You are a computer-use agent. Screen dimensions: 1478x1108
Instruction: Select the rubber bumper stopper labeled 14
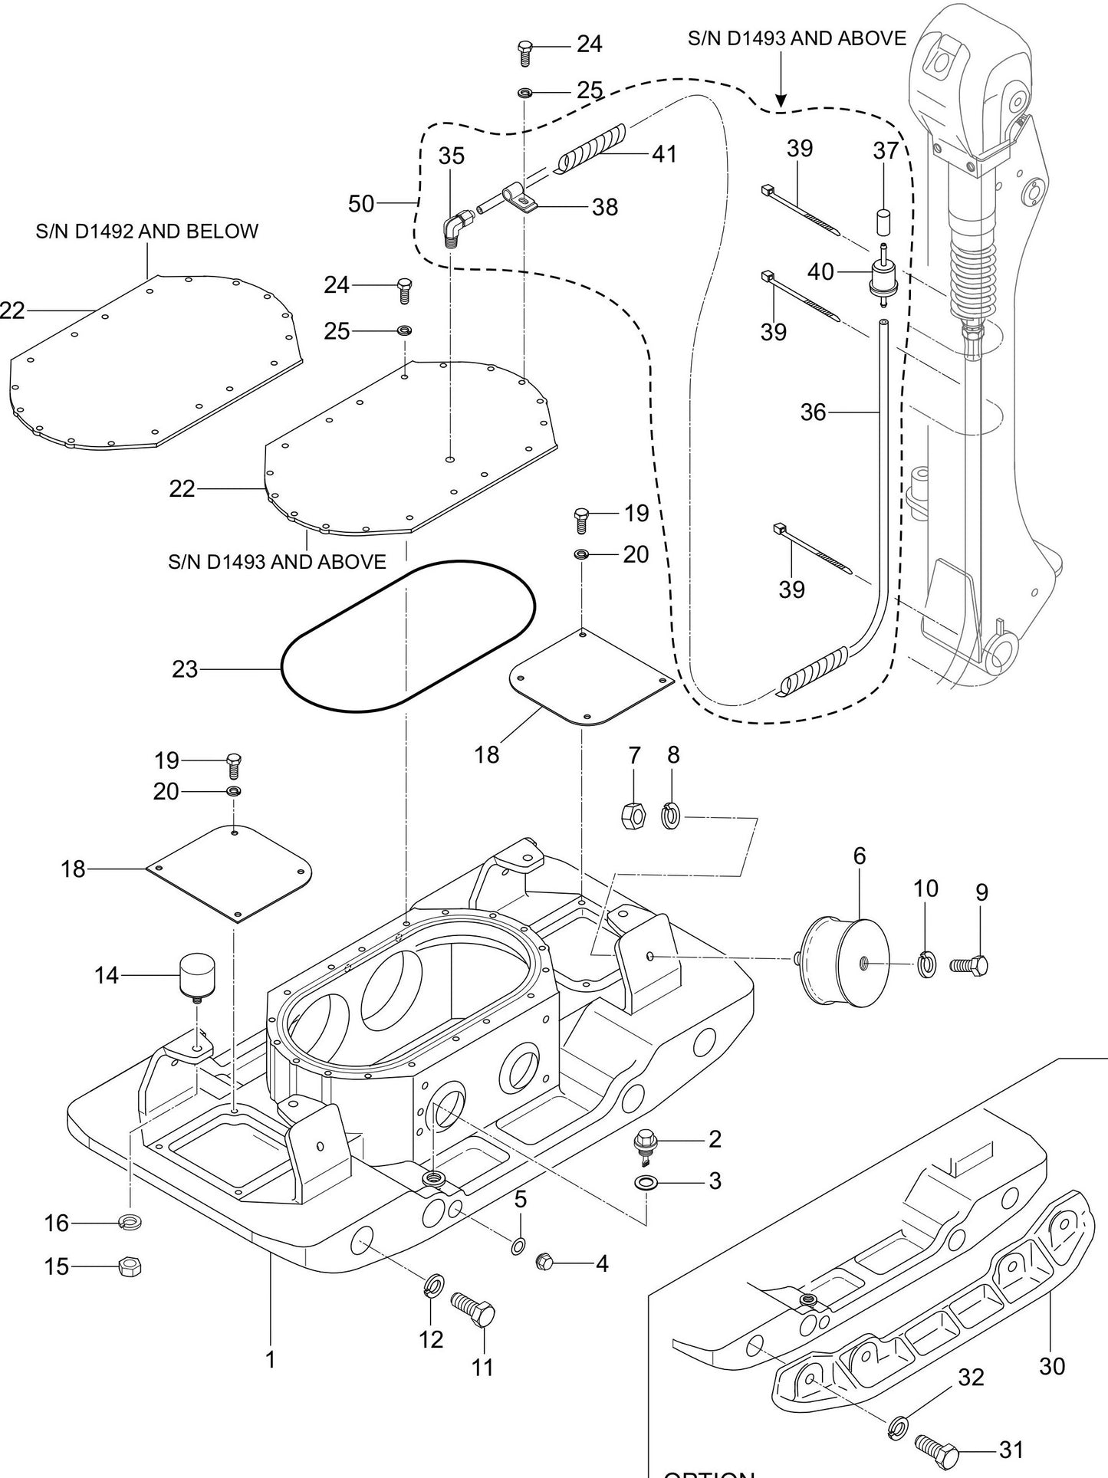click(x=197, y=973)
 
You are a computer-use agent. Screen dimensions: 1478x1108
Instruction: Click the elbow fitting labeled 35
click(x=457, y=228)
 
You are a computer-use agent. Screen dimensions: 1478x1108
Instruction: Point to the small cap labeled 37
click(x=883, y=222)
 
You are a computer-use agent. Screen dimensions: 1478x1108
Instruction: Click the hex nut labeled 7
click(x=633, y=814)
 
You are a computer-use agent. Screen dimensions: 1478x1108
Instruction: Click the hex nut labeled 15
click(x=130, y=1267)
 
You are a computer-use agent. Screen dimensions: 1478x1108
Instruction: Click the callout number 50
click(x=361, y=204)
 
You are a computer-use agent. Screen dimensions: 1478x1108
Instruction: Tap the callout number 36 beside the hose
click(x=813, y=412)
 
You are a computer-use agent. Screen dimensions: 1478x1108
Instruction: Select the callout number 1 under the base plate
click(x=270, y=1359)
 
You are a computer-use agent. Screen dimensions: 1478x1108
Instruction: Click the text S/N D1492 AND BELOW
click(x=146, y=231)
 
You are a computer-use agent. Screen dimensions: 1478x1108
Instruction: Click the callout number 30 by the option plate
click(x=1052, y=1365)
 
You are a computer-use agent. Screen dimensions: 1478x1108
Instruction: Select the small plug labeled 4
click(x=545, y=1260)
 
